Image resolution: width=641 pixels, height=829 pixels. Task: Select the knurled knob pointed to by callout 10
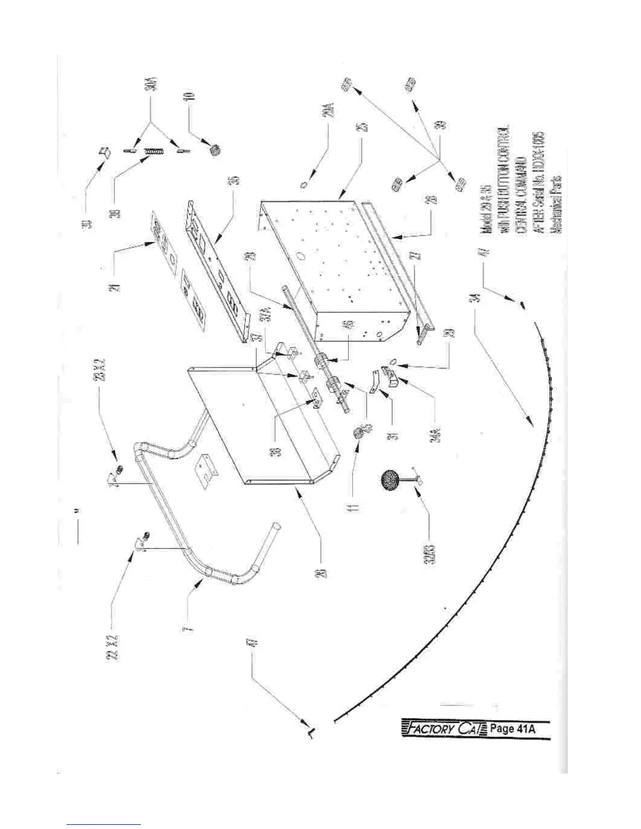coord(214,151)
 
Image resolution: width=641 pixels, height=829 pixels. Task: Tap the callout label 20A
coord(330,115)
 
